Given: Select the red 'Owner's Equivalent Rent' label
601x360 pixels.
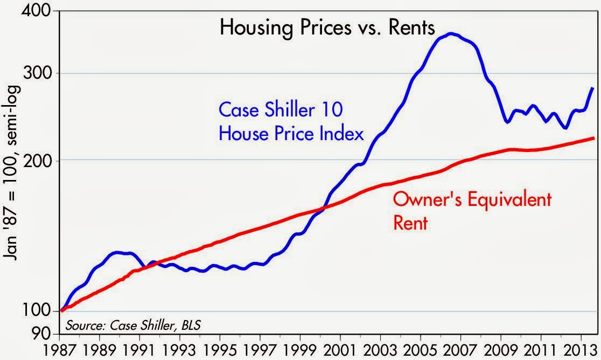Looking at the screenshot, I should click(472, 211).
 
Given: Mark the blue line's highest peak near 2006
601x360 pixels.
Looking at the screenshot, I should click(451, 33).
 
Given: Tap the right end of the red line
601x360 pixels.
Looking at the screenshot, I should click(593, 138).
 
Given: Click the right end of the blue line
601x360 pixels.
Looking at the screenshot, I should click(593, 88).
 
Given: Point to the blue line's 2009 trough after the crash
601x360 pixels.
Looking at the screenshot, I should click(507, 122).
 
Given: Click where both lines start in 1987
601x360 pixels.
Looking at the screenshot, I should click(62, 311).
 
